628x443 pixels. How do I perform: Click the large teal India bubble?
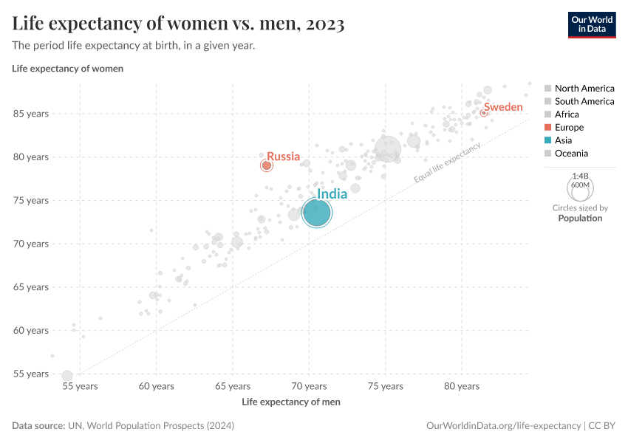tap(317, 213)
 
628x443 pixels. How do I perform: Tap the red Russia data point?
tap(267, 165)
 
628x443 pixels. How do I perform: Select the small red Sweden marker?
tap(484, 113)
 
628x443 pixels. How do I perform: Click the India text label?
tap(332, 194)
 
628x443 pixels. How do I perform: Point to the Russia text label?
tap(283, 157)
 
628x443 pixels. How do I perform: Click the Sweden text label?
tap(503, 107)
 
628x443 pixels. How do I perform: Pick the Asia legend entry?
tap(563, 140)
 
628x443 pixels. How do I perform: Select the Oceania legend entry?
tap(571, 154)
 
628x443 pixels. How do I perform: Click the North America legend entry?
tap(584, 89)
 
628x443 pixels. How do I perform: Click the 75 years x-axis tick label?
tap(386, 386)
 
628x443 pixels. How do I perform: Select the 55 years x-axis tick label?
tap(80, 386)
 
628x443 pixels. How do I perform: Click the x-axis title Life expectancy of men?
tap(291, 402)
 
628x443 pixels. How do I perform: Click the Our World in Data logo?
tap(591, 24)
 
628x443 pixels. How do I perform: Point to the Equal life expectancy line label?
tap(447, 162)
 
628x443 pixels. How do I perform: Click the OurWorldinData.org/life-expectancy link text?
tap(504, 426)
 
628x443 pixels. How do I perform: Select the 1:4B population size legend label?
tap(580, 176)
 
